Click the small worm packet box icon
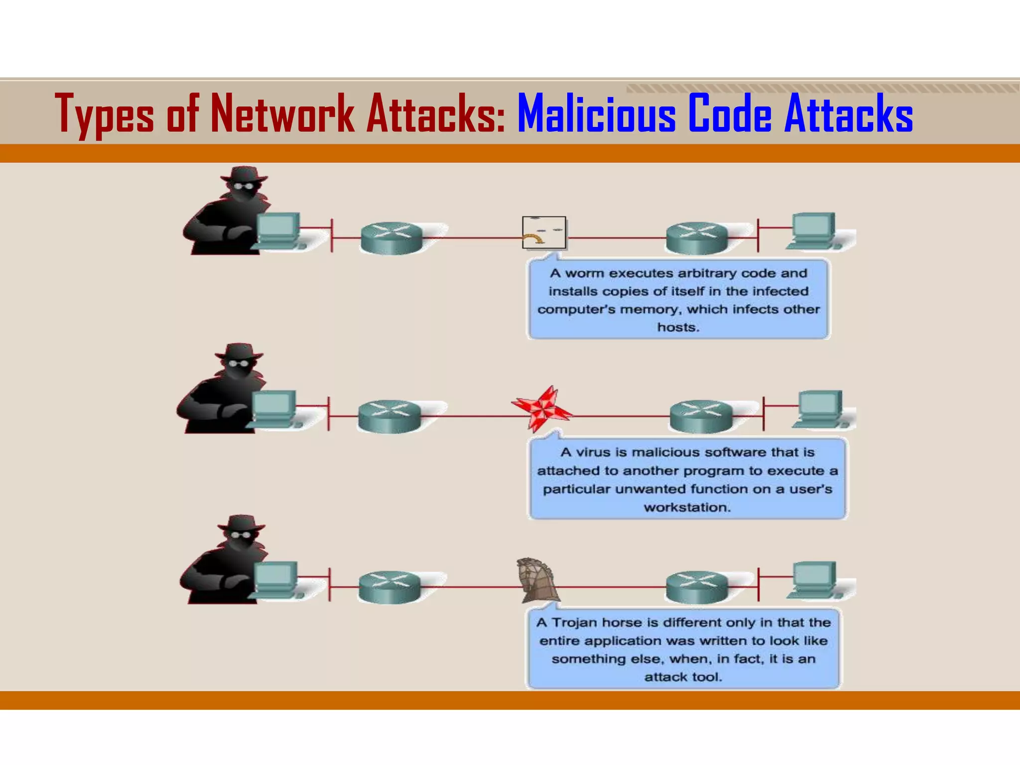pos(544,232)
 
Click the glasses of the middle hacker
pos(238,363)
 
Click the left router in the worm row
pos(392,238)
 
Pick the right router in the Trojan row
pos(697,587)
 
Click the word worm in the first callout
pos(586,273)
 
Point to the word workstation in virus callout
pos(687,508)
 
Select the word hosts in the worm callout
pos(678,328)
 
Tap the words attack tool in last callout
pos(683,677)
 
